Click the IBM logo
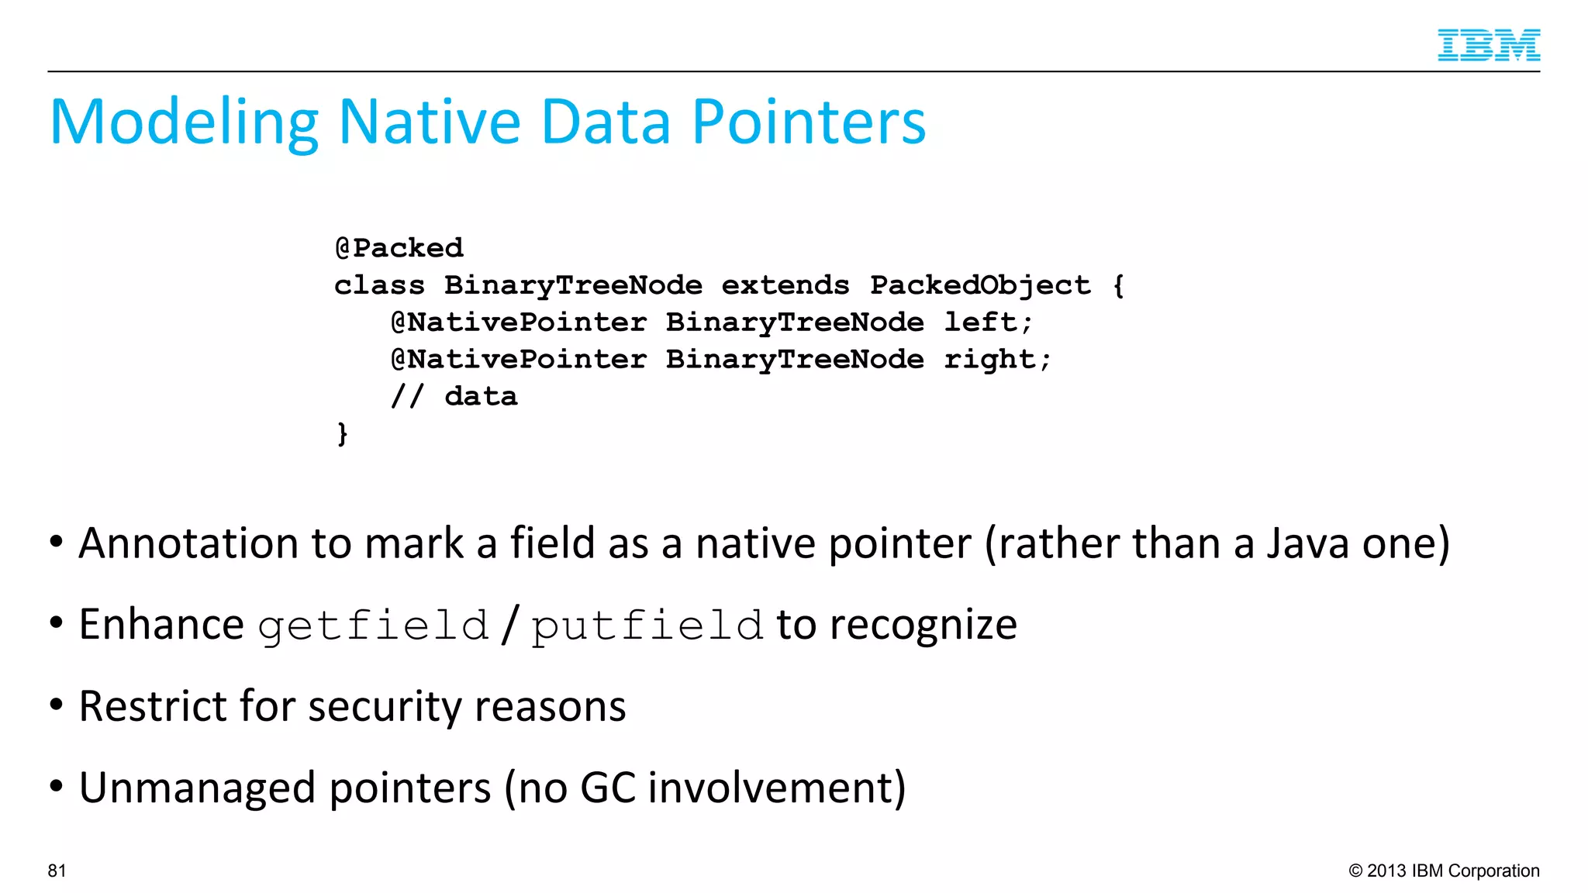(x=1488, y=45)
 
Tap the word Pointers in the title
(x=809, y=122)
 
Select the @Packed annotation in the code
(x=399, y=248)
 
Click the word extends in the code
(x=785, y=285)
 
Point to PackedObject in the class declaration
(x=980, y=285)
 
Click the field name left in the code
(x=987, y=322)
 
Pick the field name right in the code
(x=996, y=360)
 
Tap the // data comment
(x=454, y=397)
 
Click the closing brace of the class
(x=342, y=433)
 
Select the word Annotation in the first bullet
(x=188, y=543)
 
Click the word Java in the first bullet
(x=1310, y=543)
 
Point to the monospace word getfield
(x=373, y=626)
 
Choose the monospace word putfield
(x=647, y=626)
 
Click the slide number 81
(x=57, y=871)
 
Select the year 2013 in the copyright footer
(x=1386, y=871)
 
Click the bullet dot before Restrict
(x=56, y=705)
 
